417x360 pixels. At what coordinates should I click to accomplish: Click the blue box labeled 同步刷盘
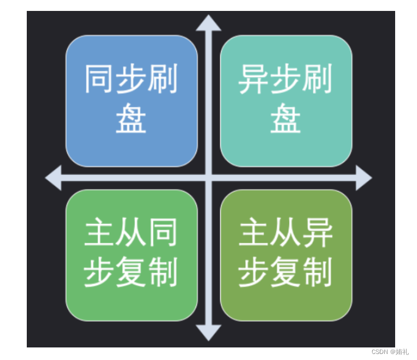click(x=131, y=101)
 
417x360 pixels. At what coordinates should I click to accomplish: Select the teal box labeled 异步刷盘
click(x=286, y=101)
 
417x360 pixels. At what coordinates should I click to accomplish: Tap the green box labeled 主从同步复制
click(x=131, y=255)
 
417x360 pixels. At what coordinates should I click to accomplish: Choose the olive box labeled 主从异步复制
click(x=286, y=255)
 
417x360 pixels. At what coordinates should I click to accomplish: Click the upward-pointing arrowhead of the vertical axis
click(x=208, y=23)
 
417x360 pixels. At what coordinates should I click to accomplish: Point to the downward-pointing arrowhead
click(x=208, y=332)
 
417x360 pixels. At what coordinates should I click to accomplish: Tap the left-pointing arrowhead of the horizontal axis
click(x=54, y=178)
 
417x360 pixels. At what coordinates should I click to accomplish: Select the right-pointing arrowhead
click(x=363, y=178)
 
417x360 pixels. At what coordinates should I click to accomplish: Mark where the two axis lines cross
click(x=208, y=178)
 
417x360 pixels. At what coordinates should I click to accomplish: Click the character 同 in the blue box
click(x=100, y=80)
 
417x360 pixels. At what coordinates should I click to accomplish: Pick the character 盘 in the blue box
click(x=131, y=119)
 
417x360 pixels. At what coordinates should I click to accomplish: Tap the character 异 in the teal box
click(x=254, y=80)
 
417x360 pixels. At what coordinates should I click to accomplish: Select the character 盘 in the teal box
click(x=286, y=119)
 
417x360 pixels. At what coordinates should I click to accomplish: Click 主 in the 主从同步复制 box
click(x=100, y=234)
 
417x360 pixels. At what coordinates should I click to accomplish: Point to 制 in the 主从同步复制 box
click(x=162, y=273)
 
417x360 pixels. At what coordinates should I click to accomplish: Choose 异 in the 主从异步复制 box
click(x=317, y=234)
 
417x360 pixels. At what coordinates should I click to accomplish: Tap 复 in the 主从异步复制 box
click(x=286, y=273)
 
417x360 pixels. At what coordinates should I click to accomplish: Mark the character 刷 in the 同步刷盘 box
click(x=162, y=80)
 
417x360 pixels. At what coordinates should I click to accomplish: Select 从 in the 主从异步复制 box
click(x=286, y=234)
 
